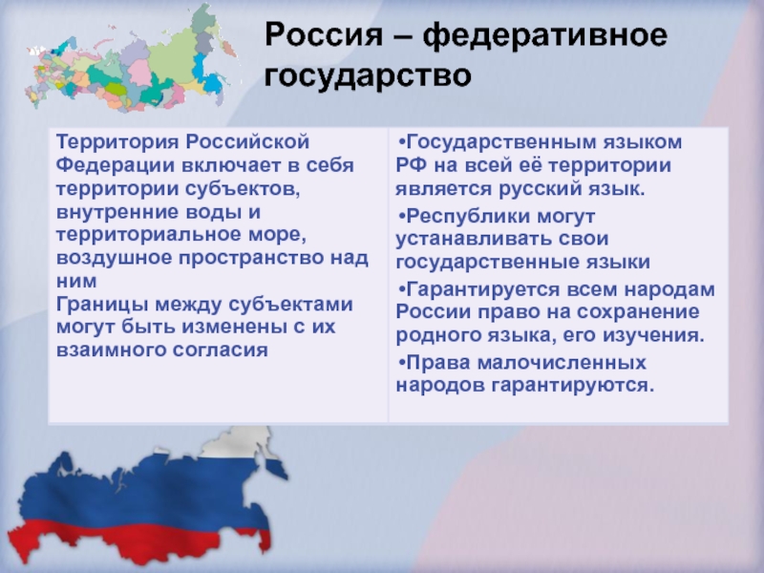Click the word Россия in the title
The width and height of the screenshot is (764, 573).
(325, 35)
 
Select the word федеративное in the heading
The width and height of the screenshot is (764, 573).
(544, 36)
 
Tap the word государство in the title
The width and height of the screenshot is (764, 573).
(368, 76)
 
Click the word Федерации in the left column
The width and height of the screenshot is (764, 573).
(115, 165)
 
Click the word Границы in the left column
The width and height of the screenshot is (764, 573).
(102, 306)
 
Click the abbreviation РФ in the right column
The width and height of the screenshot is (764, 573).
(412, 165)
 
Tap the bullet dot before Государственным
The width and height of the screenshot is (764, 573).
(401, 142)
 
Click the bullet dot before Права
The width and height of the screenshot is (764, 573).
(401, 363)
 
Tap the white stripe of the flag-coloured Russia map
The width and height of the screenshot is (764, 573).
(234, 444)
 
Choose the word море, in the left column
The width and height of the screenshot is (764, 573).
(278, 236)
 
